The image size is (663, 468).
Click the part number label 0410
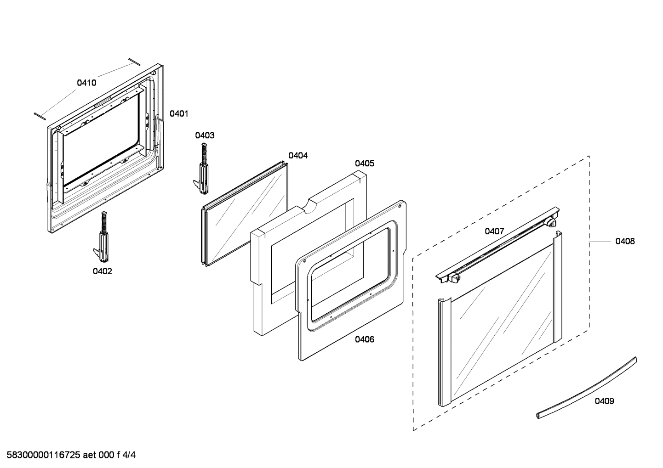tap(86, 83)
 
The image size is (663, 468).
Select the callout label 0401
tap(179, 113)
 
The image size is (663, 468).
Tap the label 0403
tap(205, 135)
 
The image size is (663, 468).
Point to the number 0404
tap(298, 156)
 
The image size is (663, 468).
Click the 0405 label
tap(364, 164)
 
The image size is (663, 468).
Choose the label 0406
tap(364, 339)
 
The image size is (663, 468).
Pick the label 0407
tap(494, 231)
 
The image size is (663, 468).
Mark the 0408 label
tap(625, 241)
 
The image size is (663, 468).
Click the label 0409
tap(604, 401)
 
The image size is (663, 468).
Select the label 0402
tap(102, 271)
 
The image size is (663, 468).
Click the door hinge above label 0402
tap(102, 237)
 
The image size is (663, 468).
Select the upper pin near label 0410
tap(134, 61)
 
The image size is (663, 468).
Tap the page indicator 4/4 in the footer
tap(129, 456)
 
